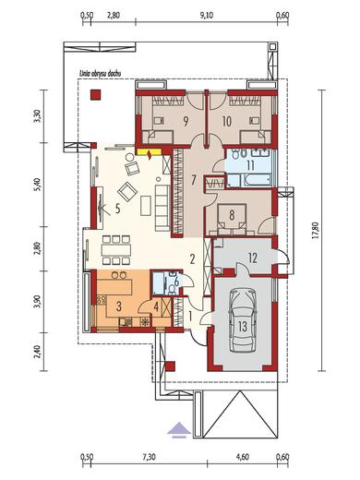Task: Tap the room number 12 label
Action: pos(252,258)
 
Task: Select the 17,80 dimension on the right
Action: pos(317,230)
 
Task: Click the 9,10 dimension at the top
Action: pos(207,16)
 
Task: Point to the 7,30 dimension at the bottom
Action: pos(150,457)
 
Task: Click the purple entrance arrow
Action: pos(179,430)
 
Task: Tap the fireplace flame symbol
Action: pos(150,155)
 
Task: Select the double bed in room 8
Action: pos(232,217)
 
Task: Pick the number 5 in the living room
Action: pos(117,209)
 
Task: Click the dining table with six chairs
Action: pos(116,249)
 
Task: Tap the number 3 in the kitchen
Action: pos(119,306)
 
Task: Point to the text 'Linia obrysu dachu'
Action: pos(100,74)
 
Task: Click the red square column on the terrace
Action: pos(95,94)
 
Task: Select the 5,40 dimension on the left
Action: pos(37,185)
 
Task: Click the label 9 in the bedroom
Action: pos(186,122)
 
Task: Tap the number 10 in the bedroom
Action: pos(226,122)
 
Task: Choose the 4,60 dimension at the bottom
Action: pos(243,457)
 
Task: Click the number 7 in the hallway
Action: pos(193,180)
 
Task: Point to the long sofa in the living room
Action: pos(162,208)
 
